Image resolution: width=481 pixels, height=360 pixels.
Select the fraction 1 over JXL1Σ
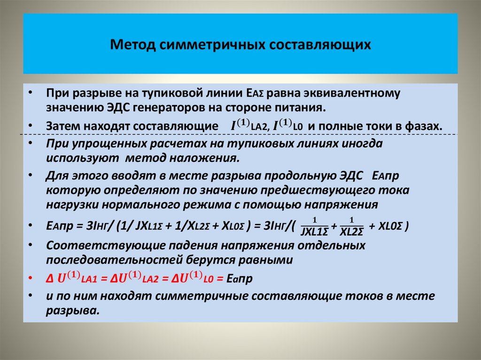coord(314,226)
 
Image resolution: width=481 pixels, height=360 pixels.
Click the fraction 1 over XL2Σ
coord(351,226)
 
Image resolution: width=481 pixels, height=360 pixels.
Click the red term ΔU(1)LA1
coord(73,278)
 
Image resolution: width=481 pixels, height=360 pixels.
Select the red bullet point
coord(30,278)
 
